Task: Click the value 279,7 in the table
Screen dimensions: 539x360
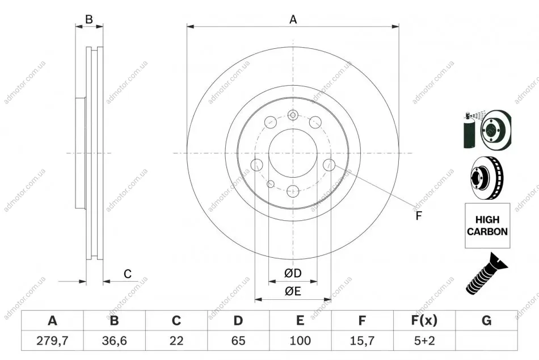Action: pyautogui.click(x=52, y=341)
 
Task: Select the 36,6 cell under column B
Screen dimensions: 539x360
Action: pyautogui.click(x=114, y=341)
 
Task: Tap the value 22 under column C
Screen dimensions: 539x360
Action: pyautogui.click(x=176, y=341)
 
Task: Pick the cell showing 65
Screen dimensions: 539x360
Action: pyautogui.click(x=238, y=341)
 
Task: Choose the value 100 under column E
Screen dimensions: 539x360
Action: pyautogui.click(x=300, y=341)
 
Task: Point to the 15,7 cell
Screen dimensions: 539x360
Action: pyautogui.click(x=362, y=341)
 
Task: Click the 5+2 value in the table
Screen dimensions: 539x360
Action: pyautogui.click(x=424, y=341)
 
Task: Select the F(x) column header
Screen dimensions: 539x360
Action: pyautogui.click(x=424, y=320)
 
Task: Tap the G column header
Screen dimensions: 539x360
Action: pyautogui.click(x=486, y=320)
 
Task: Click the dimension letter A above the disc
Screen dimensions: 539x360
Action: pyautogui.click(x=293, y=19)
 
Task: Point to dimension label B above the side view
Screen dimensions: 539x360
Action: pyautogui.click(x=89, y=19)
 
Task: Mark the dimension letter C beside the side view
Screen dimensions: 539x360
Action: pyautogui.click(x=128, y=274)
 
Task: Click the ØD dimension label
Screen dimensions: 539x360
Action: pyautogui.click(x=293, y=273)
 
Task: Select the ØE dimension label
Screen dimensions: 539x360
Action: pyautogui.click(x=293, y=291)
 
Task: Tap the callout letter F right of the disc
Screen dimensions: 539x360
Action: pyautogui.click(x=419, y=216)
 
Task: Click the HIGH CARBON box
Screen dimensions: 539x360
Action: pyautogui.click(x=487, y=225)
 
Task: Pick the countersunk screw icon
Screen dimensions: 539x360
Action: pyautogui.click(x=486, y=274)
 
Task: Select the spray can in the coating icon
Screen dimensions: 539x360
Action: pyautogui.click(x=469, y=131)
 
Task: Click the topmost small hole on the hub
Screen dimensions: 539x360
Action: pyautogui.click(x=293, y=115)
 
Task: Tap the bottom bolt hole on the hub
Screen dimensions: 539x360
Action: pyautogui.click(x=293, y=191)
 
